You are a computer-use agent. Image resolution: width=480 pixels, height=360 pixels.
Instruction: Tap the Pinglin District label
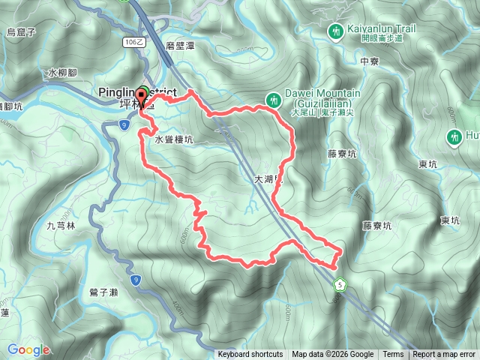pos(126,91)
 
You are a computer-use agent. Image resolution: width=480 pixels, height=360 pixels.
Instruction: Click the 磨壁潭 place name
pos(181,45)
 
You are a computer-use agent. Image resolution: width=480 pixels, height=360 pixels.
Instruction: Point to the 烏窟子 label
pos(22,32)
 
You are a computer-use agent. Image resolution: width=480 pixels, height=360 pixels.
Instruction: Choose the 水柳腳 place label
pos(62,73)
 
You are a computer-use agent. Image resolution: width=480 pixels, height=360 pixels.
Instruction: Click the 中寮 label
pos(369,61)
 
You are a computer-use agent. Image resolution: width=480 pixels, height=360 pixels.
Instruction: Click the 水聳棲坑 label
pos(174,139)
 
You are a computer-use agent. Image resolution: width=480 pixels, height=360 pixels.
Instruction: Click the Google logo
pos(28,349)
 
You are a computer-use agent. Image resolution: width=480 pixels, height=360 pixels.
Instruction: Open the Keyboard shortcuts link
pos(250,355)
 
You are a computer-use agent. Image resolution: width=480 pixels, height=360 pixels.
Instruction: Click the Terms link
pos(393,355)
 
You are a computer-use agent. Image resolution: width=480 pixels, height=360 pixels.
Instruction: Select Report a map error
pos(445,355)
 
